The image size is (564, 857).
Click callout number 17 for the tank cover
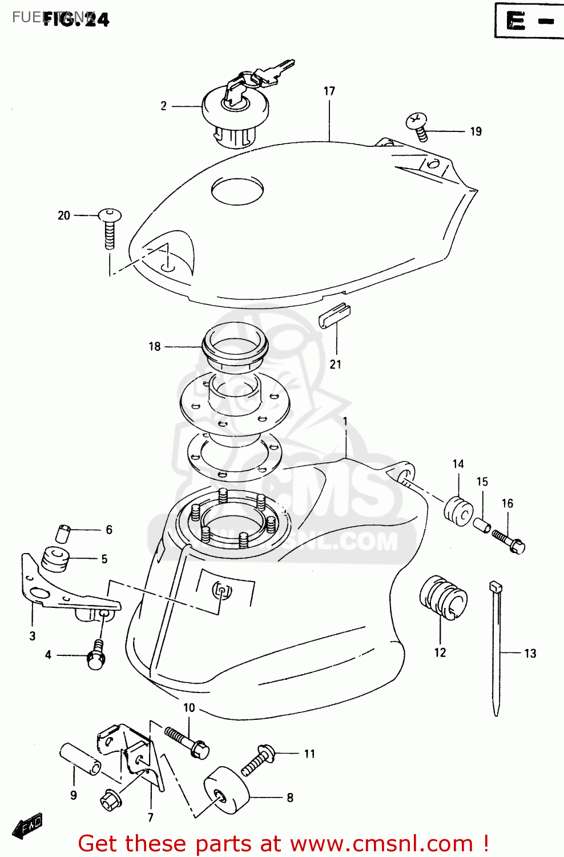tap(329, 91)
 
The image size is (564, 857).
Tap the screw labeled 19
tap(418, 126)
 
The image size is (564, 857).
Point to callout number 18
tap(155, 346)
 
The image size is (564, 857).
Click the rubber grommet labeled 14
tap(458, 510)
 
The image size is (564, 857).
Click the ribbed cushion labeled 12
tap(444, 597)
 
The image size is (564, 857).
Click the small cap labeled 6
tap(63, 532)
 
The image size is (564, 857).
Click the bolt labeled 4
tap(96, 656)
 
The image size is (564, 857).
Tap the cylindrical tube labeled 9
tap(80, 759)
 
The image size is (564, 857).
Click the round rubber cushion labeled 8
tap(227, 790)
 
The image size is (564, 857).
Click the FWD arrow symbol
tap(27, 826)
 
